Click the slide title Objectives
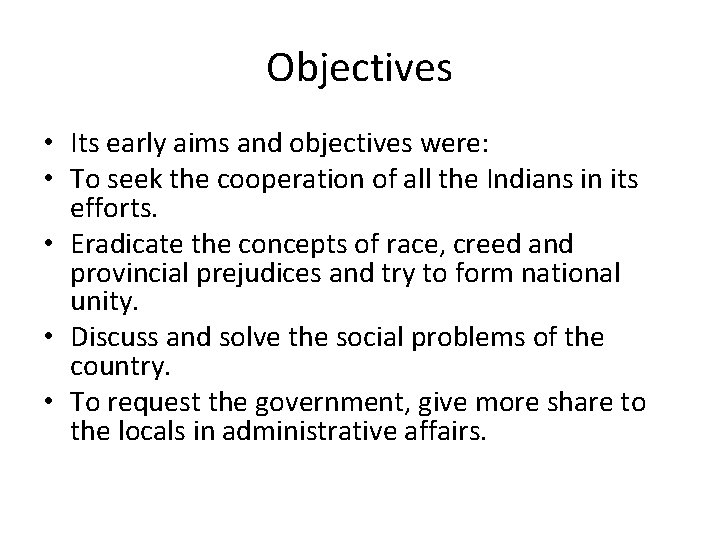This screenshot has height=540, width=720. click(x=360, y=68)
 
